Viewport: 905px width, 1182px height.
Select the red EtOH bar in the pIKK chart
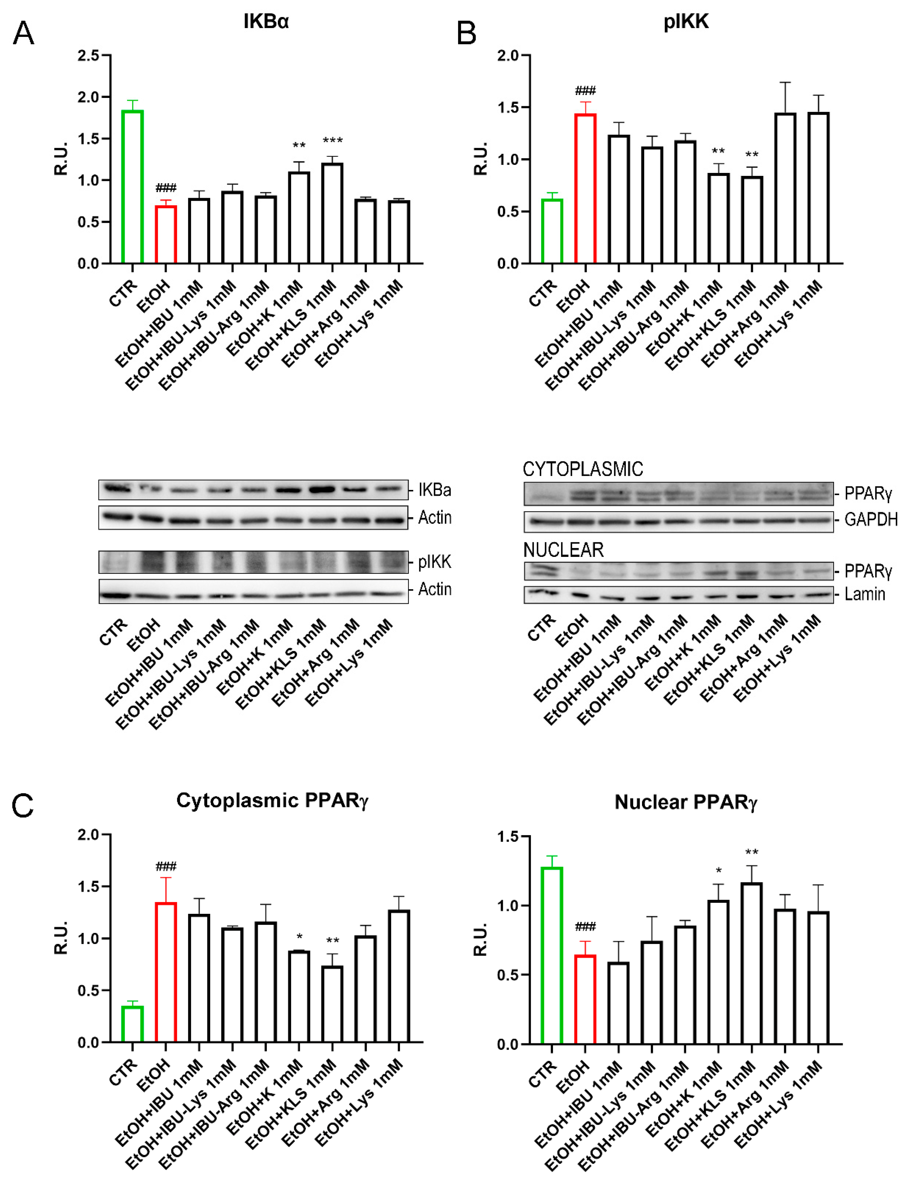(x=585, y=189)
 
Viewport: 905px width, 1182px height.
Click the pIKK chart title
(x=686, y=22)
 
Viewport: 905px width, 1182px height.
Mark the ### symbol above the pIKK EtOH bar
(x=585, y=90)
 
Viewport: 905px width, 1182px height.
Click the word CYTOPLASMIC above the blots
(x=583, y=469)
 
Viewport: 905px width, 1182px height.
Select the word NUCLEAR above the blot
(x=564, y=550)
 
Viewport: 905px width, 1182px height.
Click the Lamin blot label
(x=865, y=594)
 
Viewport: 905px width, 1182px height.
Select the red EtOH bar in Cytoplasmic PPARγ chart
(x=166, y=972)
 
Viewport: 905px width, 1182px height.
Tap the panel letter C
(x=23, y=806)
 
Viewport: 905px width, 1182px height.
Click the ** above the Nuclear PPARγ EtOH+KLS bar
(x=752, y=852)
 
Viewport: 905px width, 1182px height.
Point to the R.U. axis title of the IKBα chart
(x=61, y=159)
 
